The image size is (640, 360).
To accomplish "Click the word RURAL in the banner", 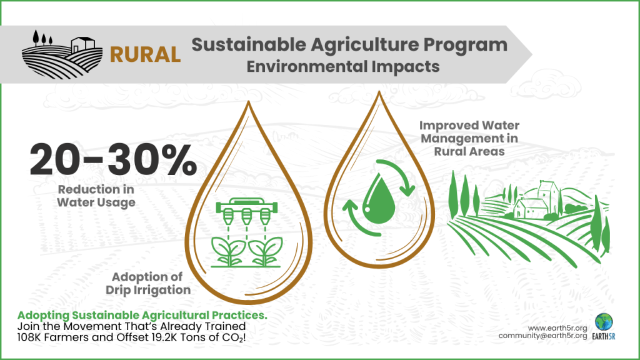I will pyautogui.click(x=145, y=54).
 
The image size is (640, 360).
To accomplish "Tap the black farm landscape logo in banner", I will pyautogui.click(x=62, y=52).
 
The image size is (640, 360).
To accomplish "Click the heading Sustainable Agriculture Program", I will pyautogui.click(x=349, y=45).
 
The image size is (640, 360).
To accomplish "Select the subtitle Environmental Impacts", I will pyautogui.click(x=342, y=66).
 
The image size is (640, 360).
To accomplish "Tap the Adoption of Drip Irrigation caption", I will pyautogui.click(x=151, y=283).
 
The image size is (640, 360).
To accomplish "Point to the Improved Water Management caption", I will pyautogui.click(x=469, y=138).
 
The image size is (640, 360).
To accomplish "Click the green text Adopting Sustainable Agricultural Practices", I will pyautogui.click(x=142, y=316).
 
